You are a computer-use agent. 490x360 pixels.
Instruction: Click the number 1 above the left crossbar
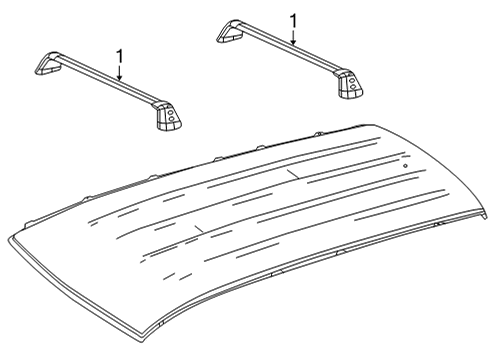tap(119, 56)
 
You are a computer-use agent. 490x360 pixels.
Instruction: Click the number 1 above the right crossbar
tap(293, 21)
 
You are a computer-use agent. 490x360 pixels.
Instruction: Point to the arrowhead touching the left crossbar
tap(119, 77)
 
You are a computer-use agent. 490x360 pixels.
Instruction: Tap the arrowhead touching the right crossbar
tap(293, 42)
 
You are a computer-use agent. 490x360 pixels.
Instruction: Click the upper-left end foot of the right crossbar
tap(230, 32)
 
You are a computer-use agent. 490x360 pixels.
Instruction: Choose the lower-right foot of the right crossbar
tap(350, 84)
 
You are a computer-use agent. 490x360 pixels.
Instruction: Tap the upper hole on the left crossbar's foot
tap(170, 112)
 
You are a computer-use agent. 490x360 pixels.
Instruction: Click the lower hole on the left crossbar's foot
tap(172, 118)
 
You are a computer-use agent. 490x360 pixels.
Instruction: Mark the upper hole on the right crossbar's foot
tap(352, 81)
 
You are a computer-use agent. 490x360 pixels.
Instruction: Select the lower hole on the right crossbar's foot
tap(354, 87)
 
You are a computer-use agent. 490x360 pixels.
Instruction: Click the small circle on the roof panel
tap(406, 166)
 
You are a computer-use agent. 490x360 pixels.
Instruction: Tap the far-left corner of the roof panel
tap(9, 239)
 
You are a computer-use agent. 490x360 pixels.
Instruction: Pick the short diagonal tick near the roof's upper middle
tap(292, 174)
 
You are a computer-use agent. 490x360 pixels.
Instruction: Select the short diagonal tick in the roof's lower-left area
tap(199, 229)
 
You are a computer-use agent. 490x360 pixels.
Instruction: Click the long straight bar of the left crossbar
tap(108, 79)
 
